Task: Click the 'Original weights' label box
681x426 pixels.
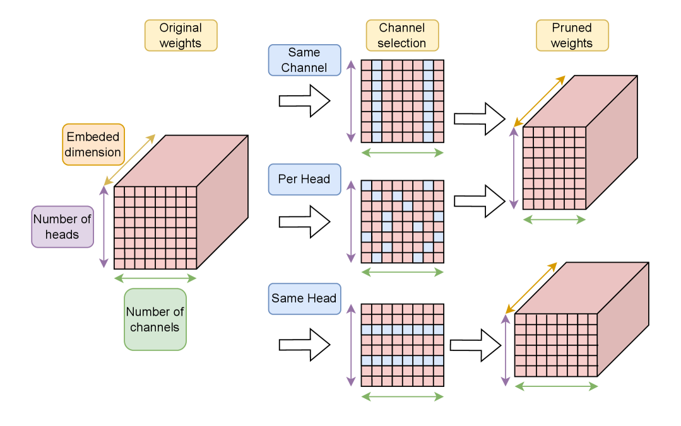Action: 181,35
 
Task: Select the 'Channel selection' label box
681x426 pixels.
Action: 402,35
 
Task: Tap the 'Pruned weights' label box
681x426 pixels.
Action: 572,35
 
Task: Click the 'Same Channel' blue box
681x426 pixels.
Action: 304,60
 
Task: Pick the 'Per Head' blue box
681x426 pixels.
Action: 304,179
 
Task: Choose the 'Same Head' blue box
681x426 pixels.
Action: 304,299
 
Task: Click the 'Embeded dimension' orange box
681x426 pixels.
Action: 93,144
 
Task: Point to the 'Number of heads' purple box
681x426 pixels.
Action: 62,227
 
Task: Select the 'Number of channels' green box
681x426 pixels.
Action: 155,319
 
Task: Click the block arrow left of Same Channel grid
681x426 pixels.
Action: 304,101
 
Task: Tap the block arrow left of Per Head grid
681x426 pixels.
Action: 304,222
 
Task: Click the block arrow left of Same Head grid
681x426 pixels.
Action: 304,345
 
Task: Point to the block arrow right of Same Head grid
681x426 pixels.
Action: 476,345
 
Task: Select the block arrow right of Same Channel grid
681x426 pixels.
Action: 480,119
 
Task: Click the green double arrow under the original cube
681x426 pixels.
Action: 155,279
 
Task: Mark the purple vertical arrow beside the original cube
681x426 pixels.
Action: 104,227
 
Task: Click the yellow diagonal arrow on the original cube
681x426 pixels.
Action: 130,159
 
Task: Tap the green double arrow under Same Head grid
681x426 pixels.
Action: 403,396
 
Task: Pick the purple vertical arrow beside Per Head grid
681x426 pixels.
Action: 351,222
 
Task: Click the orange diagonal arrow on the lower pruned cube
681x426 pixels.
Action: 531,288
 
